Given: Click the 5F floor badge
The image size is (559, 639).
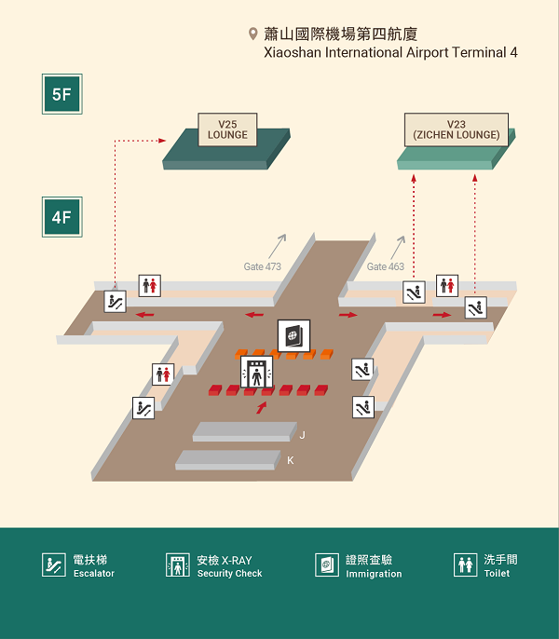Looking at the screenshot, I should click(62, 94).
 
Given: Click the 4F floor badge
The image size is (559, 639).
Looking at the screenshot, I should click(62, 217).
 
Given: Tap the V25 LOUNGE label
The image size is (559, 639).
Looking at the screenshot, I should click(227, 129).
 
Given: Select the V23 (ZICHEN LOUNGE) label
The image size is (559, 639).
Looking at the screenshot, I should click(457, 129).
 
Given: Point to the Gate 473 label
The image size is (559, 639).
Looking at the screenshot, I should click(262, 266).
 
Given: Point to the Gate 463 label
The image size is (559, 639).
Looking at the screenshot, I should click(385, 266).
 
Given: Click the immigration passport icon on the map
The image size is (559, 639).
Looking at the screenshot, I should click(293, 336).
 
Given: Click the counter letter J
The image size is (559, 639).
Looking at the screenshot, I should click(302, 435).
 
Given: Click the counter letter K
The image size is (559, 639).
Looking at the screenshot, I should click(291, 460).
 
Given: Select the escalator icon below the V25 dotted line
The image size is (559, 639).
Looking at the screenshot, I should click(116, 301).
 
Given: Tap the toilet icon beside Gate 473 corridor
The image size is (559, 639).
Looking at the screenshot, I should click(150, 285).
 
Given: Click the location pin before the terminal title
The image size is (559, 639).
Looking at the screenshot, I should click(252, 34).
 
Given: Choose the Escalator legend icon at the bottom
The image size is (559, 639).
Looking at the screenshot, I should click(53, 564).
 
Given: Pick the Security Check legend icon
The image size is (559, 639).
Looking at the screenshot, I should click(178, 564).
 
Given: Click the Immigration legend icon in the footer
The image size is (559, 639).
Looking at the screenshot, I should click(327, 564).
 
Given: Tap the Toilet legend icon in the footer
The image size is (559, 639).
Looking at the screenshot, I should click(466, 564).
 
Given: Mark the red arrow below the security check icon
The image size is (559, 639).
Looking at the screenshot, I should click(261, 407).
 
